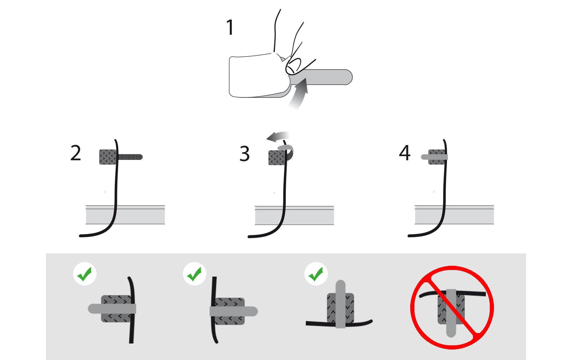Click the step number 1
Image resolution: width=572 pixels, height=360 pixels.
click(x=230, y=28)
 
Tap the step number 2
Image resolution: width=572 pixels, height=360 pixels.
click(x=76, y=153)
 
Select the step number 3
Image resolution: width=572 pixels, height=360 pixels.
click(x=245, y=154)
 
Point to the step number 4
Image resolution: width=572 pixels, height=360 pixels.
click(x=405, y=153)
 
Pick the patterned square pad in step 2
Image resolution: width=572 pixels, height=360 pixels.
click(x=108, y=157)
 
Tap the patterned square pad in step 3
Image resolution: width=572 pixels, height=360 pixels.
click(x=277, y=157)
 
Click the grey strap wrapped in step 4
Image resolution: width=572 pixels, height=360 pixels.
click(x=435, y=157)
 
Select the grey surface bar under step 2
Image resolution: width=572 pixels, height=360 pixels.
click(x=125, y=215)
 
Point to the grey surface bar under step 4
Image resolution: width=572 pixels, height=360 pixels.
click(x=454, y=215)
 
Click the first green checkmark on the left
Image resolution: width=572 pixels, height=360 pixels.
click(x=85, y=274)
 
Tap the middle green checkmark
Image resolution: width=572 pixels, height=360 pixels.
click(x=195, y=274)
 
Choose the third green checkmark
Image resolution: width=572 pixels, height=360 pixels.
click(x=316, y=274)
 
